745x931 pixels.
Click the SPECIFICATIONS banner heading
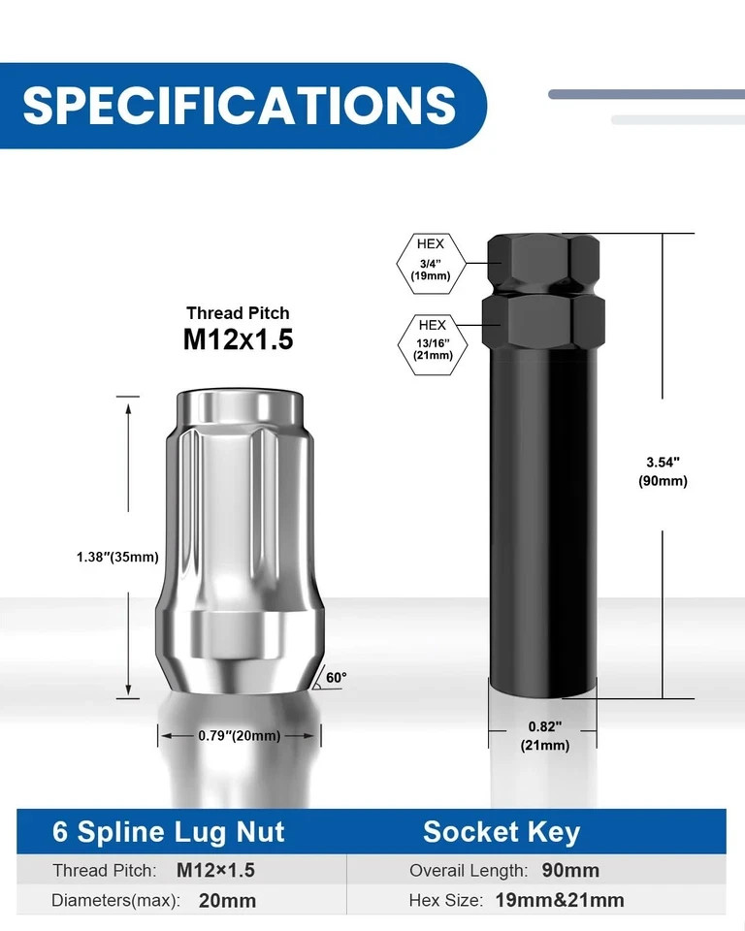(x=239, y=105)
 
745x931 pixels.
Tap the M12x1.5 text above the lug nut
(x=239, y=339)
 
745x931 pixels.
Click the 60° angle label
(x=337, y=678)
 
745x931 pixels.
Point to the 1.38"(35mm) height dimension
(x=117, y=557)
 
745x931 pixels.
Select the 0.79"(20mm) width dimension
(x=239, y=736)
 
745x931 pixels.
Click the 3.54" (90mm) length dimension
(x=663, y=471)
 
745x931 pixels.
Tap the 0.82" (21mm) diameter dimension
(x=545, y=736)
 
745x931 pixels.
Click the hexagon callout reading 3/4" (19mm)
(x=431, y=264)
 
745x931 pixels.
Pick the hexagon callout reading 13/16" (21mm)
(x=433, y=344)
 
